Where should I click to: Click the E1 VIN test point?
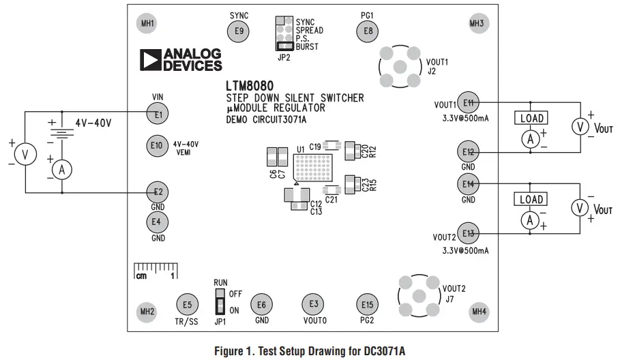pos(158,114)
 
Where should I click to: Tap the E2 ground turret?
pos(158,192)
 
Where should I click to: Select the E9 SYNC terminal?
pos(238,30)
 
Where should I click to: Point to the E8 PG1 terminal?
pos(368,30)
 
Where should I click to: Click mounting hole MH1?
pos(147,24)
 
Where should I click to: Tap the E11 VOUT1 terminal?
pos(468,102)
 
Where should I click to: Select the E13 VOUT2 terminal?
pos(468,233)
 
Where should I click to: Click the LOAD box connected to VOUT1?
pos(532,118)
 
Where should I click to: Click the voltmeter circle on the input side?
pos(25,155)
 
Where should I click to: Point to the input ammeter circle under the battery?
pos(61,170)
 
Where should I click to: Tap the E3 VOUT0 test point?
pos(313,303)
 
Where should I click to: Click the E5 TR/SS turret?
pos(187,304)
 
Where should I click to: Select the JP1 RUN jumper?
pos(220,301)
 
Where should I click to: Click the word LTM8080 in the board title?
pos(250,87)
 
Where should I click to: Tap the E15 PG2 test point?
pos(368,304)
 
